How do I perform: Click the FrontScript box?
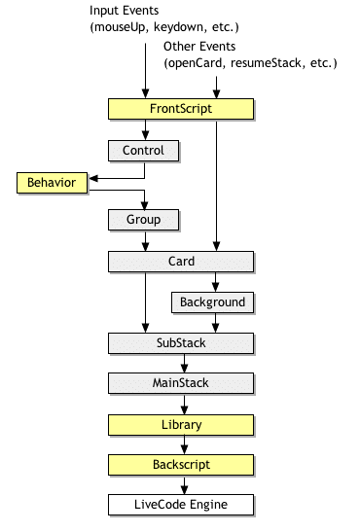pos(181,110)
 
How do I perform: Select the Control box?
pos(144,151)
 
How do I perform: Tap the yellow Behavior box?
pos(52,181)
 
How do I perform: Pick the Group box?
pos(144,220)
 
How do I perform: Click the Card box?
pos(181,261)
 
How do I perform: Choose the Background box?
pos(212,301)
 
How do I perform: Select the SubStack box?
pos(181,342)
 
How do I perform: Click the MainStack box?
pos(181,383)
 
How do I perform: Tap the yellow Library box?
pos(181,424)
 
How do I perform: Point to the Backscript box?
pos(181,465)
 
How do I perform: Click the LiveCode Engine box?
pos(181,505)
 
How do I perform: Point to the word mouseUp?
pos(122,26)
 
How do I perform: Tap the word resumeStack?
pos(269,63)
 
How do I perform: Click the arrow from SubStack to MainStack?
pos(181,363)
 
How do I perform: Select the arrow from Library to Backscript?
pos(181,444)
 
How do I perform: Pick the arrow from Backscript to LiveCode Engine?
pos(181,485)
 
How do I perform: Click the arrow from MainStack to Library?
pos(181,404)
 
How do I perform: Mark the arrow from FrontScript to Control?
pos(144,130)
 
